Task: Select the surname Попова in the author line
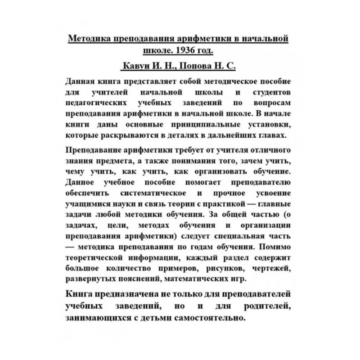pyautogui.click(x=197, y=66)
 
